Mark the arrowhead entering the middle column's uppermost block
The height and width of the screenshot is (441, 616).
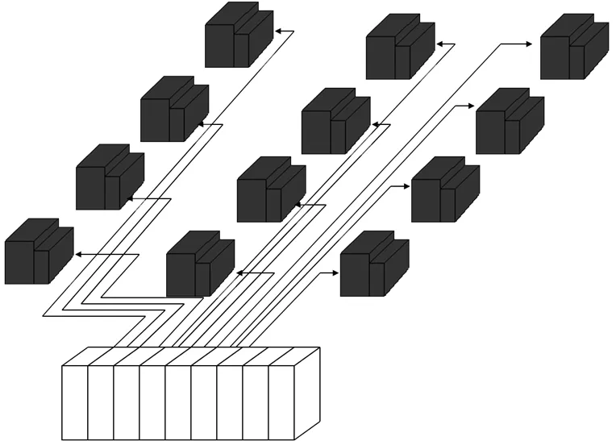point(439,44)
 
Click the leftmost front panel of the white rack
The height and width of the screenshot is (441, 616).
point(75,403)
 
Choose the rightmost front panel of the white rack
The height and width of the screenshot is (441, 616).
point(281,403)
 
